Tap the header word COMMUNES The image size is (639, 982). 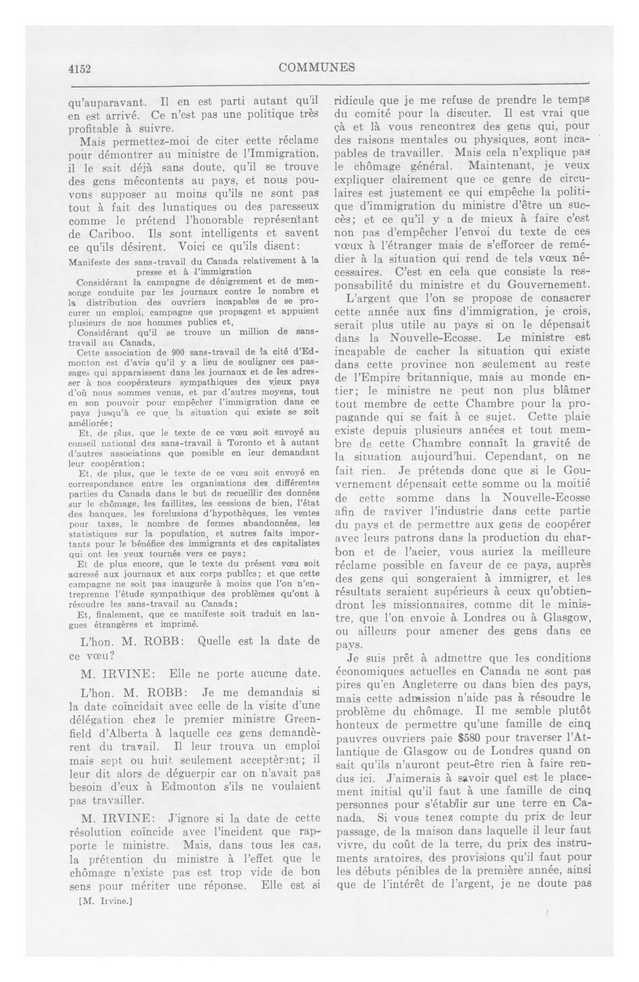click(x=317, y=67)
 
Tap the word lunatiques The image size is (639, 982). click(x=189, y=206)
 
